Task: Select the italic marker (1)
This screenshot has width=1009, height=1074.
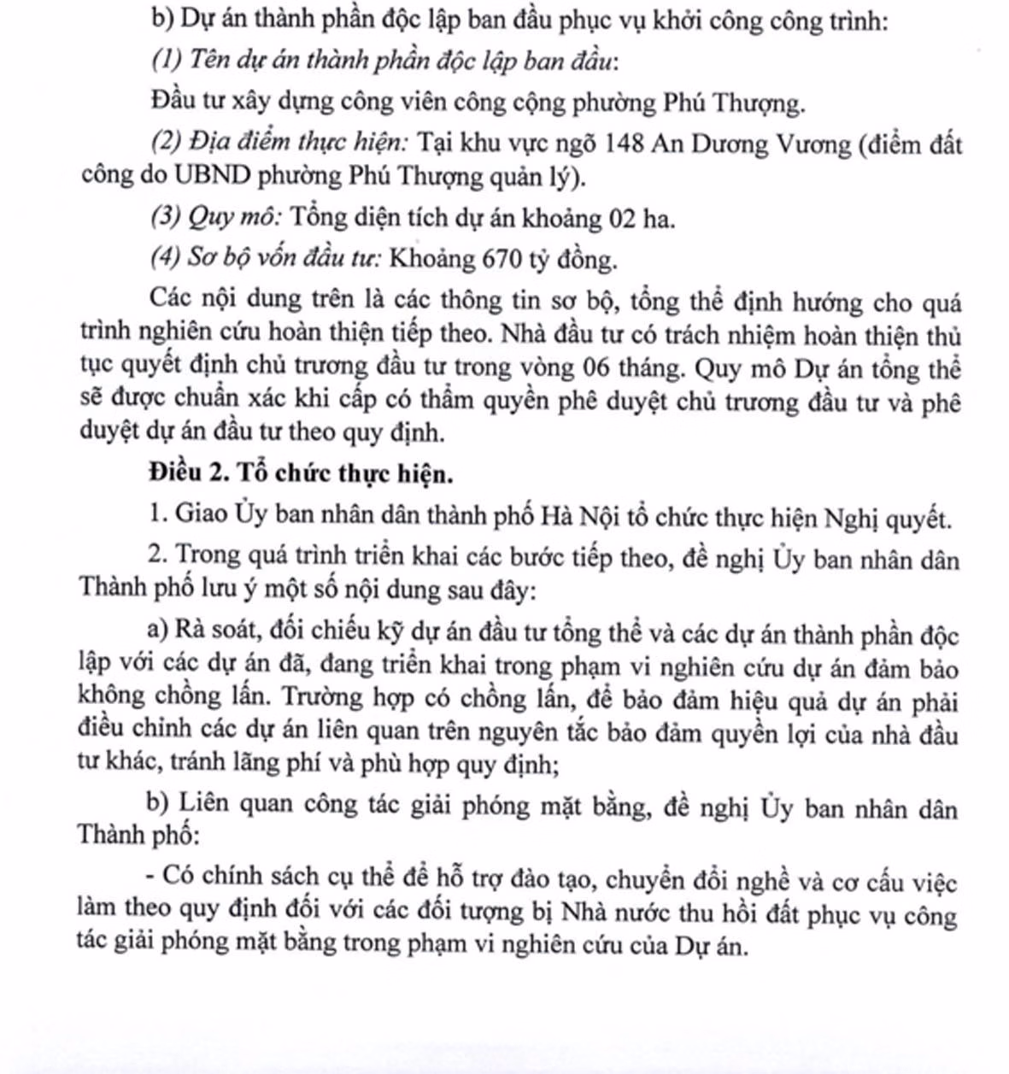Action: (167, 61)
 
